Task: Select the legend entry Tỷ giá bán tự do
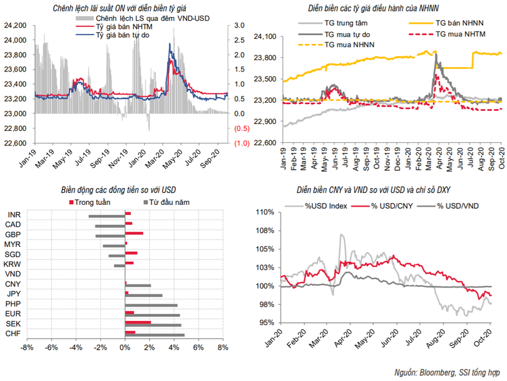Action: (118, 36)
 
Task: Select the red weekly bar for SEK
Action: (138, 322)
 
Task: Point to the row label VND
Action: (11, 274)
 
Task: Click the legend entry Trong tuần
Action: (90, 202)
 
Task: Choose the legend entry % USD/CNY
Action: (386, 204)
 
